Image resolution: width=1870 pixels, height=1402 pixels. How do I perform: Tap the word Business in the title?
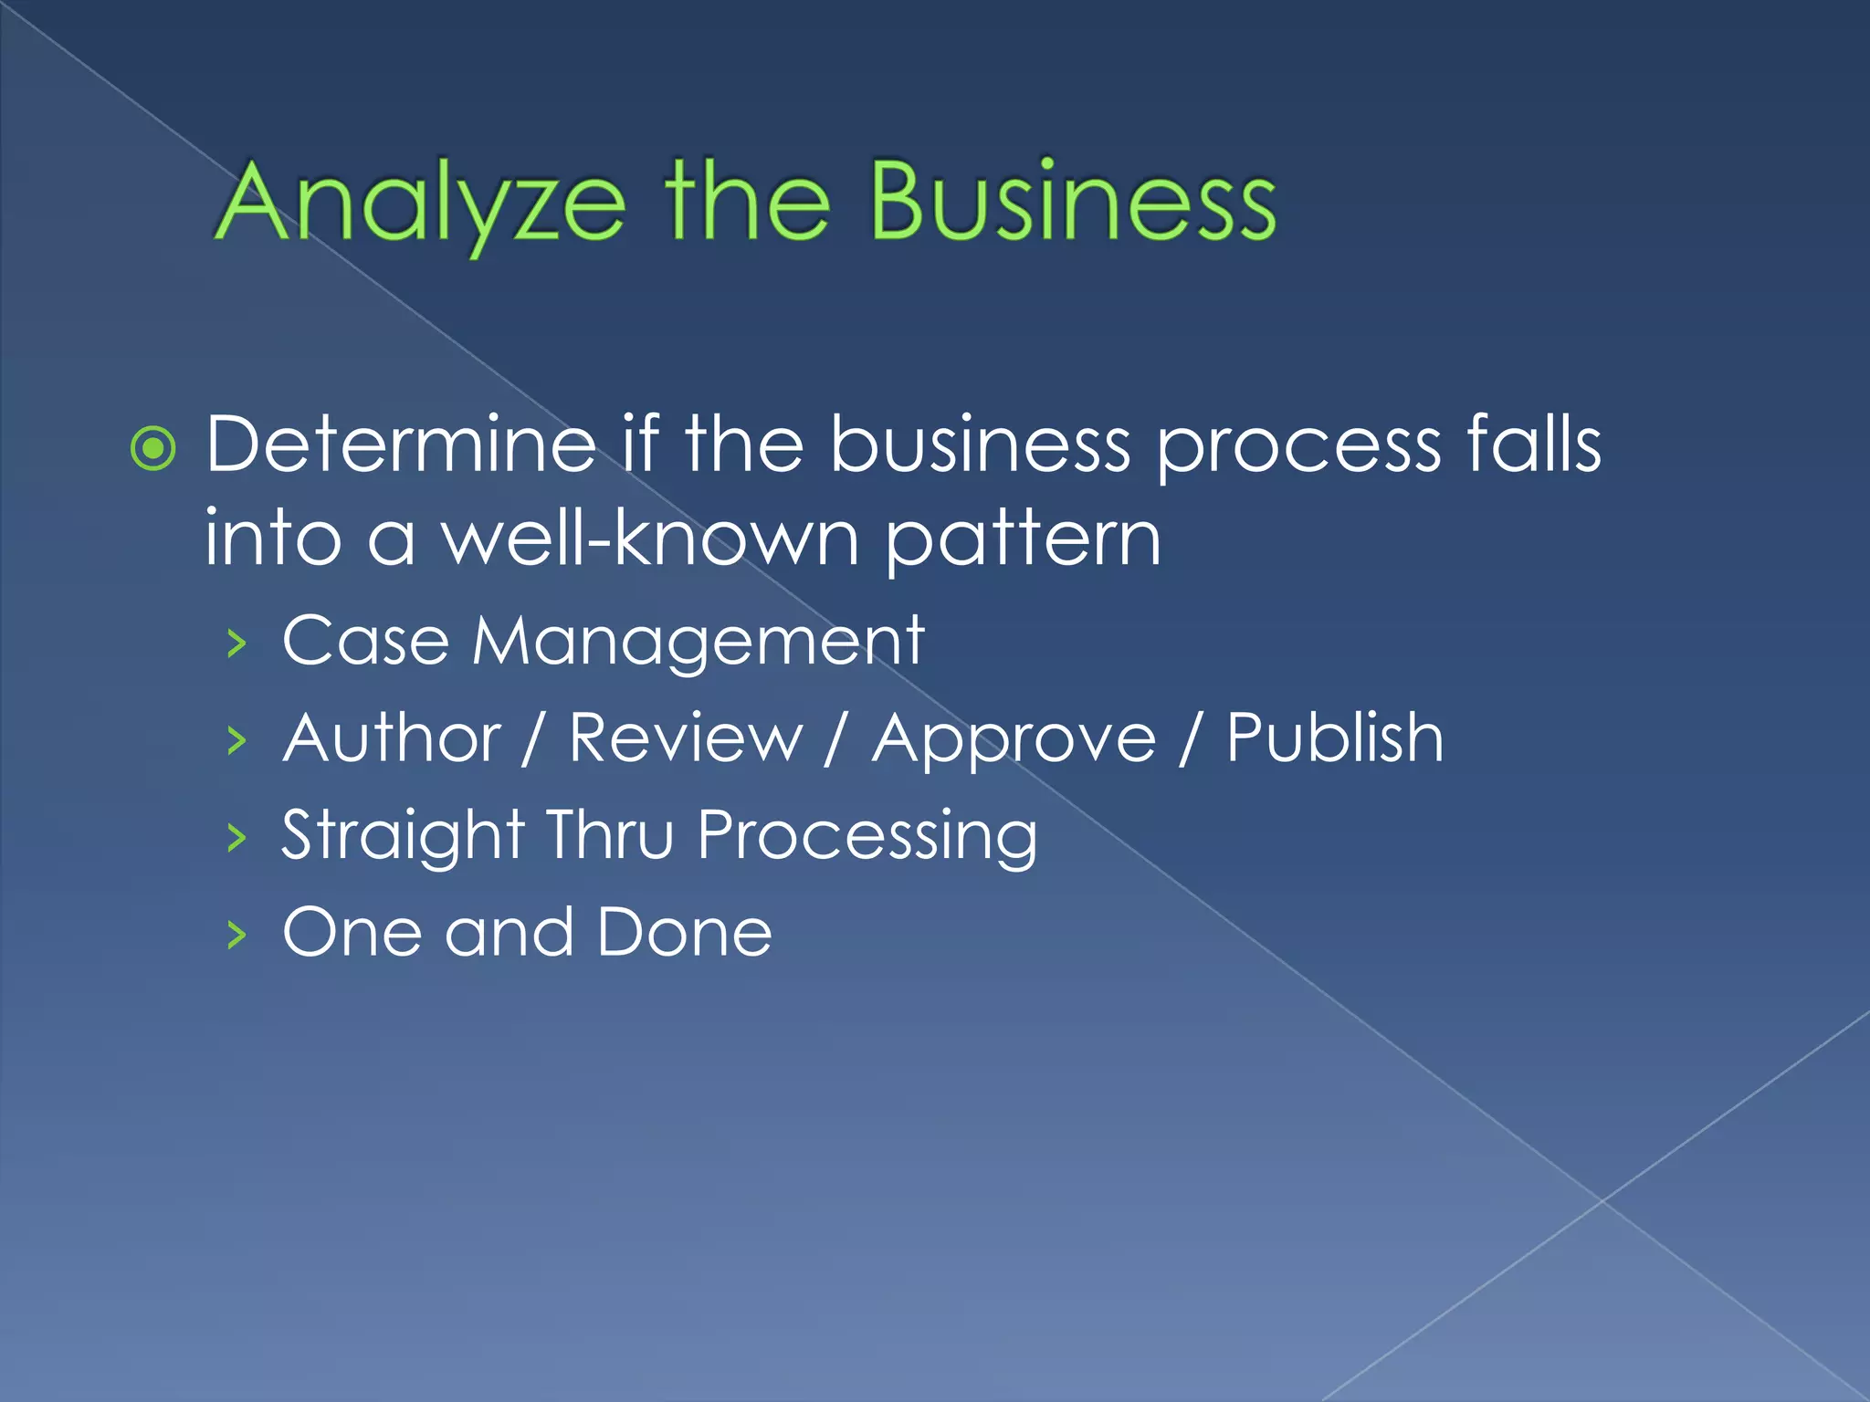1072,203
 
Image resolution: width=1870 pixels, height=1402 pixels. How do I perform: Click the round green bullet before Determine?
152,448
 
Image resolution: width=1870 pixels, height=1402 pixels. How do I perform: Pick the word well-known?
650,539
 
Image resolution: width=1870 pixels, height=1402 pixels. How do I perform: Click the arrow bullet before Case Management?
237,643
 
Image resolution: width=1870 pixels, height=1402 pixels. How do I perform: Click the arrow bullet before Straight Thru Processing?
237,837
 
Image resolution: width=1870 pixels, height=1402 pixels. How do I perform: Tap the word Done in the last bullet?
684,932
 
